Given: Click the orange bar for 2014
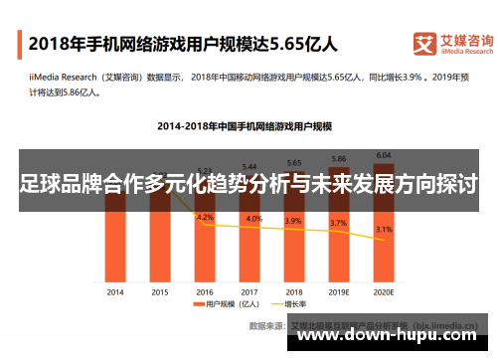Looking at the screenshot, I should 115,249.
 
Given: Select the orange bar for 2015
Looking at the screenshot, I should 159,249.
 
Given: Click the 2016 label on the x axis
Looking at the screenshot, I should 205,291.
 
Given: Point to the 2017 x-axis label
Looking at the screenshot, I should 249,291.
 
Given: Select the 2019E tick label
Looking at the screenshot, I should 339,291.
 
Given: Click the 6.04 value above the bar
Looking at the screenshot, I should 384,154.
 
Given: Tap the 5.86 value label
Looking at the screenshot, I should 339,158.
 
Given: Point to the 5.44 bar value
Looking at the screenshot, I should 249,166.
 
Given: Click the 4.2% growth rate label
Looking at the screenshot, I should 205,217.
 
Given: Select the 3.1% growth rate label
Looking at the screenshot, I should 384,230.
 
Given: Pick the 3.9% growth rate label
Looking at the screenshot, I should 294,221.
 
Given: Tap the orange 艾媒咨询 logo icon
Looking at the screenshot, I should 424,44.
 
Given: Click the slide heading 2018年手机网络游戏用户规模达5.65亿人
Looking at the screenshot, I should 183,44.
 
